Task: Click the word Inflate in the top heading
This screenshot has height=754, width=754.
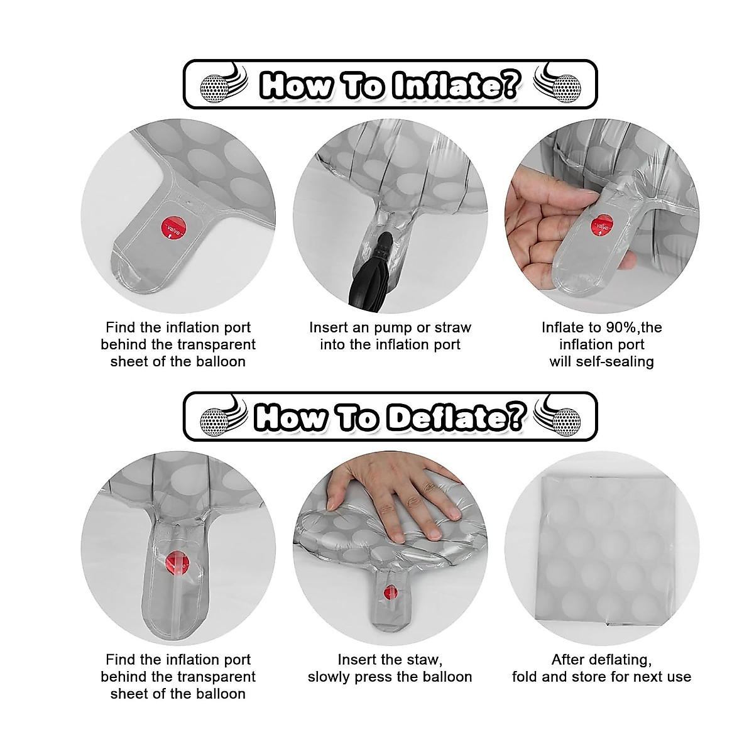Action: [x=456, y=84]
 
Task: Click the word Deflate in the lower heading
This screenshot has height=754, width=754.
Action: [x=455, y=417]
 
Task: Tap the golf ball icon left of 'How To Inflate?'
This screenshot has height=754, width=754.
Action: [x=214, y=89]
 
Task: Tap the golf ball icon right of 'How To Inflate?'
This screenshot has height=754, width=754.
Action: [x=567, y=89]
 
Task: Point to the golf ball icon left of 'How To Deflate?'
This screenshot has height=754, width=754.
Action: [x=214, y=422]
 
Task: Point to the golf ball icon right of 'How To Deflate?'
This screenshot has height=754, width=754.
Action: [x=567, y=422]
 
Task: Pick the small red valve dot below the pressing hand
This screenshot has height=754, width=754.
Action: [x=390, y=593]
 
